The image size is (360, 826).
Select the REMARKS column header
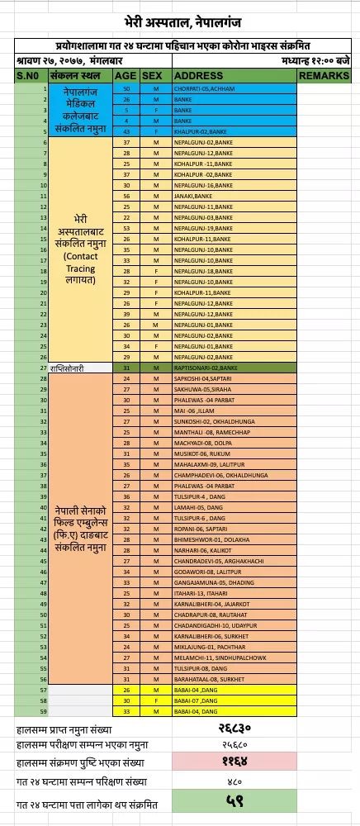(x=328, y=76)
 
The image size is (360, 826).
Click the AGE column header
(x=126, y=76)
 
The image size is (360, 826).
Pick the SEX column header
(x=152, y=76)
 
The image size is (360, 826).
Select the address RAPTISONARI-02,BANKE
(x=206, y=367)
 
